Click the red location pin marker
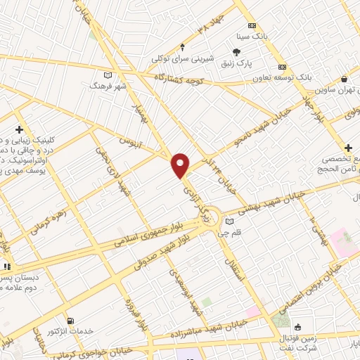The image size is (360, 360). click(x=181, y=165)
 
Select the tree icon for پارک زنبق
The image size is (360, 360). click(x=237, y=52)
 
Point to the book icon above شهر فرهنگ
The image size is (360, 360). click(x=107, y=75)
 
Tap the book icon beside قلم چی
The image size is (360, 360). click(x=229, y=222)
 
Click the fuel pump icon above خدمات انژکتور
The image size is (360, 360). click(x=69, y=320)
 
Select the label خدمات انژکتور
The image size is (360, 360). click(x=70, y=330)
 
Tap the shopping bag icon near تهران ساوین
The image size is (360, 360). click(x=344, y=79)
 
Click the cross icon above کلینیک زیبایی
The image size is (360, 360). click(x=18, y=129)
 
